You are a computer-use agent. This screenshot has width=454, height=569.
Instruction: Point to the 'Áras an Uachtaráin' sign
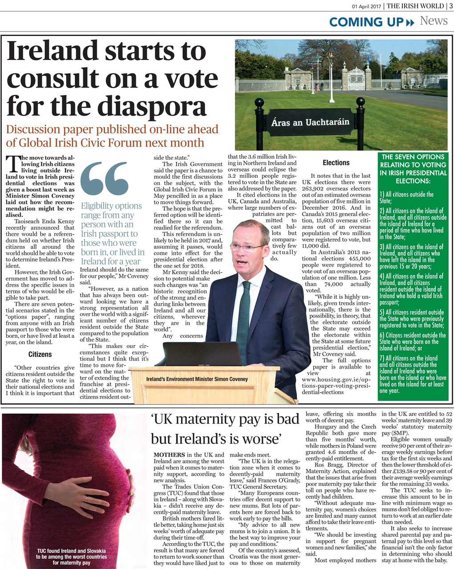pyautogui.click(x=310, y=122)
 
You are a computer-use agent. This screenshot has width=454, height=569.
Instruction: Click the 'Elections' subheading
pyautogui.click(x=336, y=163)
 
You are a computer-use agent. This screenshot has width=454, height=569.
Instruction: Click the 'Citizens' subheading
pyautogui.click(x=40, y=354)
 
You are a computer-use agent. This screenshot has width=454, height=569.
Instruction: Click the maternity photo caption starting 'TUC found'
pyautogui.click(x=71, y=557)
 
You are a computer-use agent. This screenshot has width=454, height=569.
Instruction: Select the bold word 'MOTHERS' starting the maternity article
pyautogui.click(x=167, y=455)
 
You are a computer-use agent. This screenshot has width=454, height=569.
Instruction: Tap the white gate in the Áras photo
pyautogui.click(x=356, y=79)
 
